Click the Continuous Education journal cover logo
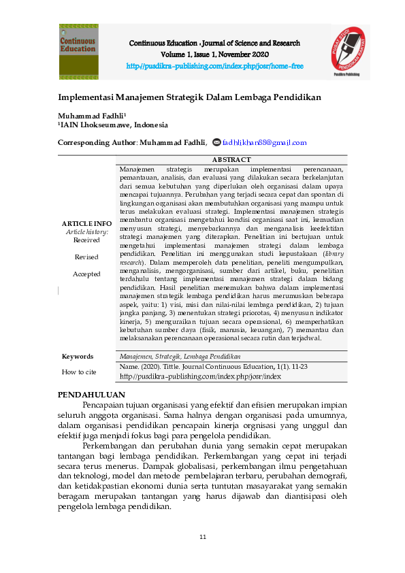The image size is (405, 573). pyautogui.click(x=78, y=52)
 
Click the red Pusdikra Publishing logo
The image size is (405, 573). pyautogui.click(x=351, y=52)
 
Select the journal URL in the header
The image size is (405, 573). pyautogui.click(x=214, y=66)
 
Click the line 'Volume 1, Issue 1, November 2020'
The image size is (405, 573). pyautogui.click(x=214, y=54)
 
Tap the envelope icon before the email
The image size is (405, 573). pyautogui.click(x=217, y=143)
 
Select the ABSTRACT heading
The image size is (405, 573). pyautogui.click(x=231, y=159)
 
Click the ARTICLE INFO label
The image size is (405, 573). pyautogui.click(x=86, y=223)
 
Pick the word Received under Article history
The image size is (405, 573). pyautogui.click(x=86, y=240)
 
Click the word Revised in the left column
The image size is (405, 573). pyautogui.click(x=86, y=257)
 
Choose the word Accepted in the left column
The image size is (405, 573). pyautogui.click(x=86, y=274)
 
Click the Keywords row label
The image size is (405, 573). pyautogui.click(x=78, y=357)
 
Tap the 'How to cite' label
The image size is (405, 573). pyautogui.click(x=79, y=372)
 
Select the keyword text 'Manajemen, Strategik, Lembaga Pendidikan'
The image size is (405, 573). pyautogui.click(x=180, y=357)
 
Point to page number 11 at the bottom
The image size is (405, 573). pyautogui.click(x=203, y=538)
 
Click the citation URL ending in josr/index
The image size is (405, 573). pyautogui.click(x=200, y=376)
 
